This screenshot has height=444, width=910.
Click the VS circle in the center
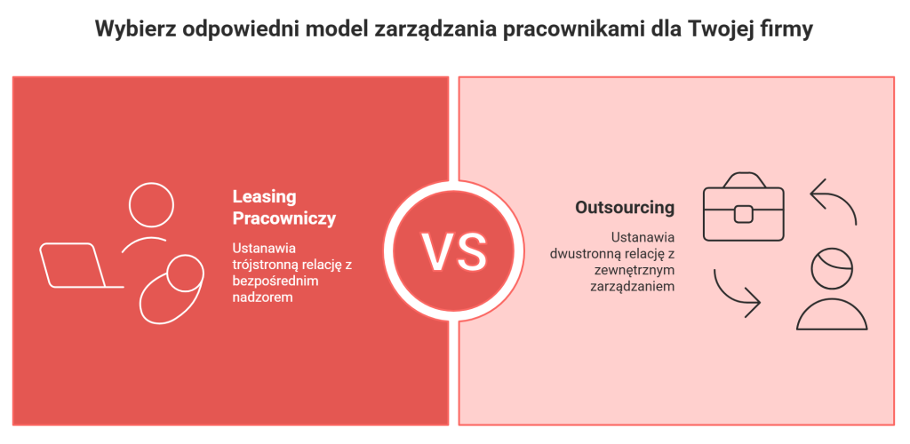coord(453,250)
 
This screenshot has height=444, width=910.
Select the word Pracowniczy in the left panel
coord(284,218)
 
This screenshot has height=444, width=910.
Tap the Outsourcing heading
coord(625,208)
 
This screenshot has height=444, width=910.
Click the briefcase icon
coord(744,206)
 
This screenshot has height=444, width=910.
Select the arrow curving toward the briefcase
coord(834,202)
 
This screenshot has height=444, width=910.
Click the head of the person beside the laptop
coord(151,204)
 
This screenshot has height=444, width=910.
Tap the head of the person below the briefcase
coord(832,268)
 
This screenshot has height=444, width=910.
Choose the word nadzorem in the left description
coord(262,298)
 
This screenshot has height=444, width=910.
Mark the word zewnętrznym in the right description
coord(635,270)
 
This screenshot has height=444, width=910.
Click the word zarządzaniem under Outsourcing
coord(633,286)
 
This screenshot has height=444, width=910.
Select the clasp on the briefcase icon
coord(744,214)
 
